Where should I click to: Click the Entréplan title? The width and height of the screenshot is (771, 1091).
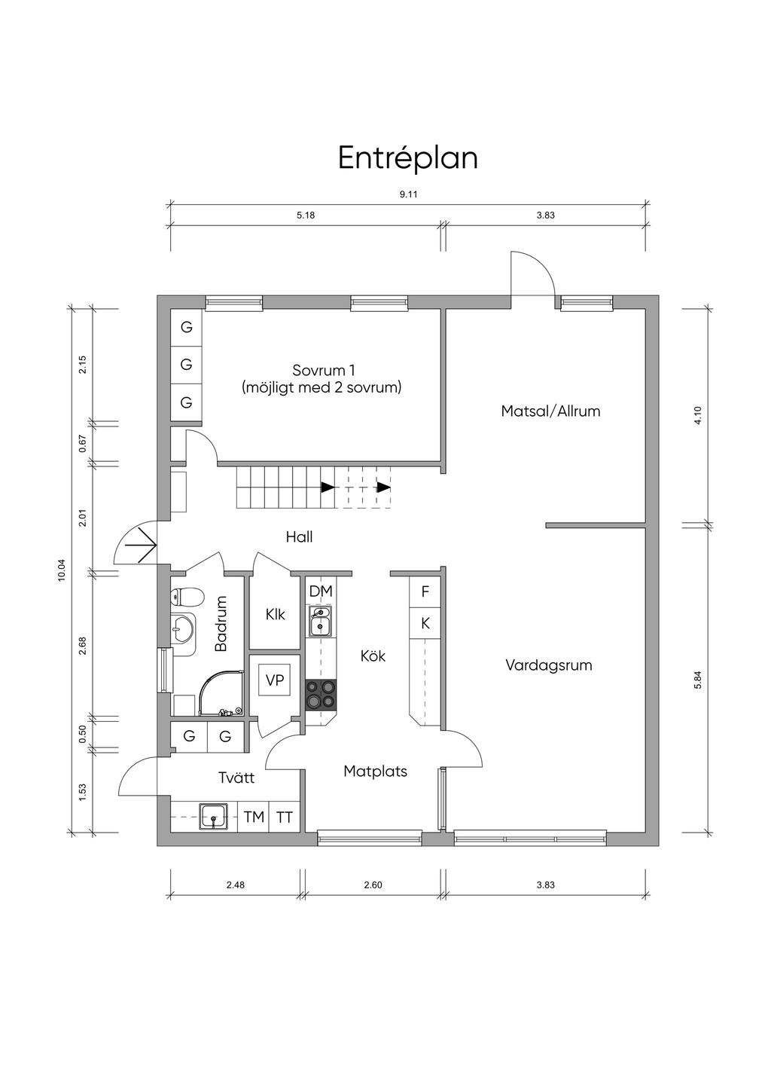[407, 158]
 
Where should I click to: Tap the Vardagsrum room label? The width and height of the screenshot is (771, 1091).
[548, 665]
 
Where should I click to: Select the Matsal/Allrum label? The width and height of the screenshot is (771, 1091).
[550, 411]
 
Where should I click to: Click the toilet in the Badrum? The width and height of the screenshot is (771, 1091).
[187, 597]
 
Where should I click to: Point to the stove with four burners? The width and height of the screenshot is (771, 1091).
[321, 694]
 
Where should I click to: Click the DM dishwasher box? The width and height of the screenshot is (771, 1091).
[321, 591]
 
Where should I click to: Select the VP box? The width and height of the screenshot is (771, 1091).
[275, 680]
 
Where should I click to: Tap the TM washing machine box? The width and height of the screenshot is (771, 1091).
[254, 817]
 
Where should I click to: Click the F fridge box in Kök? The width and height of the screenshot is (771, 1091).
[425, 592]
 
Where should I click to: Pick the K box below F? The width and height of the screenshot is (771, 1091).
[425, 623]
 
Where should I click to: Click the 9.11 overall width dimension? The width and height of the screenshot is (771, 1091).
[408, 194]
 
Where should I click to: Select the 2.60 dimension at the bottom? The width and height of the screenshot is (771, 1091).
[373, 885]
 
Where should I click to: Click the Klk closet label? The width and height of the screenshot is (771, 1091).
[276, 615]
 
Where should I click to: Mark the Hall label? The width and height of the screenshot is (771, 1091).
[299, 537]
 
